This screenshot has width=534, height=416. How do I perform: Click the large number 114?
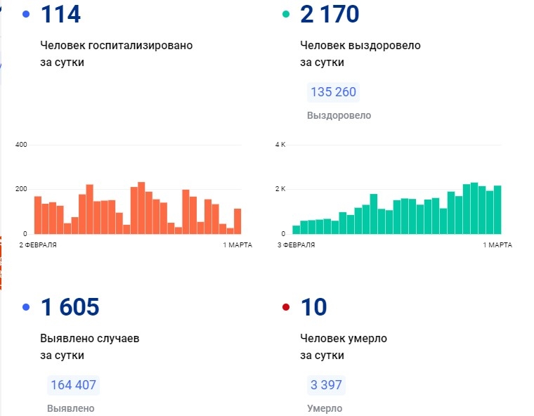pyautogui.click(x=61, y=14)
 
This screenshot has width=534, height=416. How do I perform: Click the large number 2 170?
pyautogui.click(x=330, y=14)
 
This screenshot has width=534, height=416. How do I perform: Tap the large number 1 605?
pyautogui.click(x=70, y=307)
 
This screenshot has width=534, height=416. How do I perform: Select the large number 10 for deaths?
pyautogui.click(x=313, y=307)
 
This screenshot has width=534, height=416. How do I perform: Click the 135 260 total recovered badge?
pyautogui.click(x=333, y=92)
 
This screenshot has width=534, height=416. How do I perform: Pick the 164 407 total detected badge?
pyautogui.click(x=73, y=385)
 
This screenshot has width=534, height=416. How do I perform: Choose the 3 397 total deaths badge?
pyautogui.click(x=326, y=385)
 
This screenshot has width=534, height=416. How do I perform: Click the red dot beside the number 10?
pyautogui.click(x=285, y=307)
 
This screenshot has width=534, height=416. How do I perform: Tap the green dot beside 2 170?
pyautogui.click(x=285, y=14)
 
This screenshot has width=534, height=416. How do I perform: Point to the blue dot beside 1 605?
pyautogui.click(x=26, y=307)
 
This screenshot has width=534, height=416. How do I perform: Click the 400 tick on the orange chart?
pyautogui.click(x=20, y=145)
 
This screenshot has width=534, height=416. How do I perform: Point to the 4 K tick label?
pyautogui.click(x=280, y=145)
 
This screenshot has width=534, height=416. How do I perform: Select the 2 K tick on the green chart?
pyautogui.click(x=280, y=189)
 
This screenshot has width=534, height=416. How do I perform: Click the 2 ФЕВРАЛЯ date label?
pyautogui.click(x=38, y=245)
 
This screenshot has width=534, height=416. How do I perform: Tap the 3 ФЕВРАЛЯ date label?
pyautogui.click(x=296, y=245)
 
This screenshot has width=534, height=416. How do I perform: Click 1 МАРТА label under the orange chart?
pyautogui.click(x=237, y=245)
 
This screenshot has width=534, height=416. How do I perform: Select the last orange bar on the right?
pyautogui.click(x=237, y=221)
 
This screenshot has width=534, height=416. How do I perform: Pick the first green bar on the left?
pyautogui.click(x=296, y=229)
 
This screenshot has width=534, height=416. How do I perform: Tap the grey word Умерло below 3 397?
pyautogui.click(x=325, y=408)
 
